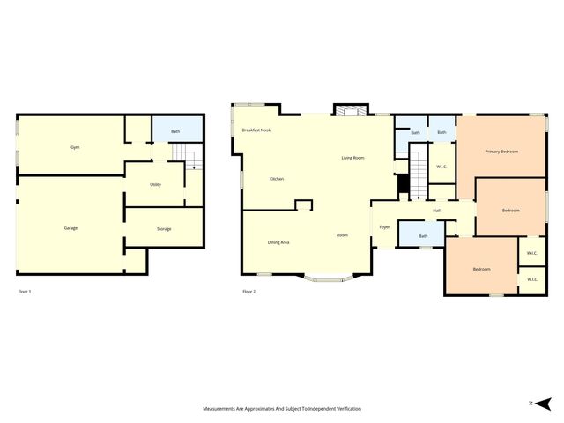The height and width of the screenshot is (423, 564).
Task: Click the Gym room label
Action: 75,147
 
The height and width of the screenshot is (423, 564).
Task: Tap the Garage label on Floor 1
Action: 70,228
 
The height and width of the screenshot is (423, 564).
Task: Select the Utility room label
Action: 155,185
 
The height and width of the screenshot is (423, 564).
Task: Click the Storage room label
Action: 164,229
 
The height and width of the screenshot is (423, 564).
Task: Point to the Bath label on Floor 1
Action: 175,132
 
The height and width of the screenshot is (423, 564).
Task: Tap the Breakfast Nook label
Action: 256,130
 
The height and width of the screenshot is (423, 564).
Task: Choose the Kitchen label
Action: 277,179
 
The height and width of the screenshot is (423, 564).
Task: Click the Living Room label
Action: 352,158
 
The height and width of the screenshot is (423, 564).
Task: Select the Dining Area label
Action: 278,242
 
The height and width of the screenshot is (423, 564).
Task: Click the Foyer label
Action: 384,227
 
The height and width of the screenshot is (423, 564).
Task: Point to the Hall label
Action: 436,211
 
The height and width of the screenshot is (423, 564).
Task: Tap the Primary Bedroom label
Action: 501,152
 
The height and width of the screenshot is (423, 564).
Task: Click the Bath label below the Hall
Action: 423,236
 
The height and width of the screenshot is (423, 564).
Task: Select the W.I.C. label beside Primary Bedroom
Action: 441,166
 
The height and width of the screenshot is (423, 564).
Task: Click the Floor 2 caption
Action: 249,291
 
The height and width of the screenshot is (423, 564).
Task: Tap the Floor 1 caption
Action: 25,291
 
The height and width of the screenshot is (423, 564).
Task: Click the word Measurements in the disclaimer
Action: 221,409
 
